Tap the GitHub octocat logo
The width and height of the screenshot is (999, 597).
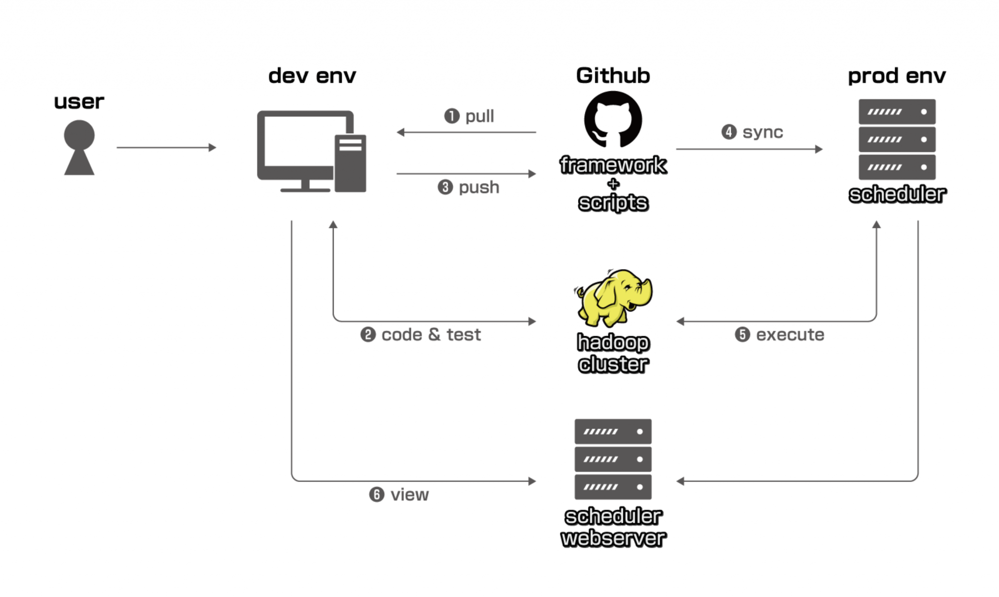pos(613,119)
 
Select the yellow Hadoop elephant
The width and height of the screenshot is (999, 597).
pos(613,298)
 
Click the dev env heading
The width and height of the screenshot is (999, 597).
pos(312,76)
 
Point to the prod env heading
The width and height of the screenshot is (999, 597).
pos(897,76)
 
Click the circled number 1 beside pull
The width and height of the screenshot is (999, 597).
pos(452,116)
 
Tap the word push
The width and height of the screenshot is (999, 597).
pos(479,187)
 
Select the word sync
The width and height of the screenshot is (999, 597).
pos(762,132)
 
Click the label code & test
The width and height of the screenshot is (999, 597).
pos(431,335)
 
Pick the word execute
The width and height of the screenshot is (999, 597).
pos(790,335)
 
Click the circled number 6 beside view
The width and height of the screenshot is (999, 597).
pos(377,495)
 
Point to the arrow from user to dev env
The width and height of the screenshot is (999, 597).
pos(166,147)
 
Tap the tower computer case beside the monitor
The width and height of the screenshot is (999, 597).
pos(350,163)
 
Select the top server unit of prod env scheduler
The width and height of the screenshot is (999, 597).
pos(897,112)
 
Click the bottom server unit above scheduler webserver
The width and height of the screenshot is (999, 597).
pos(613,487)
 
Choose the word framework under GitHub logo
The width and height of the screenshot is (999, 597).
pos(613,165)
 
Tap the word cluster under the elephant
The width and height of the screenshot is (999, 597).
pos(613,364)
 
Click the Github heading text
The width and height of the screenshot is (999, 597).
pos(613,76)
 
